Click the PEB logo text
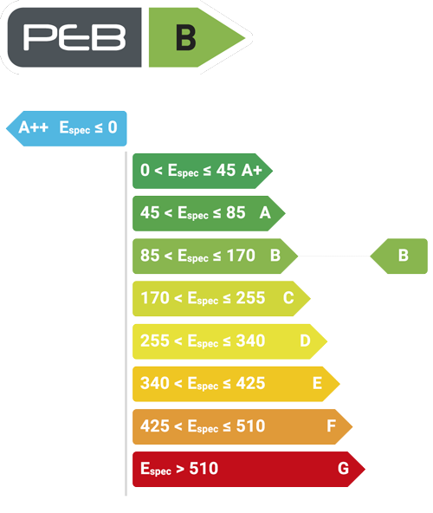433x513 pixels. point(74,37)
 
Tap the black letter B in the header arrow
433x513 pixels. point(186,38)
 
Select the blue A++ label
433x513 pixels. point(34,127)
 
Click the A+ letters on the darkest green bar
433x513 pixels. point(252,170)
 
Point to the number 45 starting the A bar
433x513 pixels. point(150,212)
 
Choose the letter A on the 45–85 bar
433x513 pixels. point(265,213)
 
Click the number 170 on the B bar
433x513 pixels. point(241,256)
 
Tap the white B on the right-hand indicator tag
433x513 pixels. point(404,256)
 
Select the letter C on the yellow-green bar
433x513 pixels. point(288,298)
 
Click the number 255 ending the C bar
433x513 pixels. point(250,298)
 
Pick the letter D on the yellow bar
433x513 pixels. point(305,341)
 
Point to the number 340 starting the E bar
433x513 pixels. point(155,383)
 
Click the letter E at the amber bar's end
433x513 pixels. point(317,383)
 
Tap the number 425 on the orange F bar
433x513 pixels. point(155,426)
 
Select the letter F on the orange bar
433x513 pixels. point(332,426)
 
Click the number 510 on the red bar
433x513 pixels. point(204,469)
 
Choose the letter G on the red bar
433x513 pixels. point(343,469)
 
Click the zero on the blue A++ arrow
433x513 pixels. point(113,127)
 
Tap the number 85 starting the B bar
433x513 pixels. point(150,256)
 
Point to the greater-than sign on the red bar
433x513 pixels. point(180,469)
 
